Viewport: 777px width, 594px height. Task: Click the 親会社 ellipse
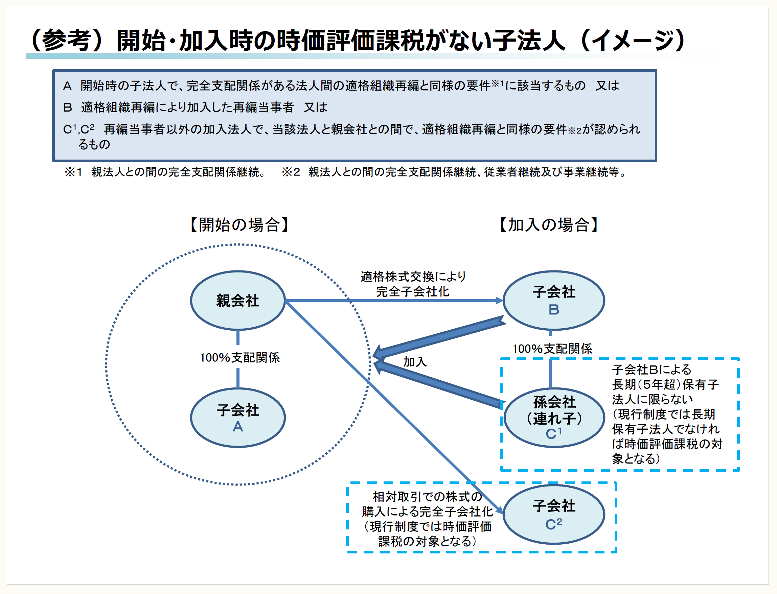(238, 301)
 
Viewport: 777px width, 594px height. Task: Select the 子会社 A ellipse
(238, 418)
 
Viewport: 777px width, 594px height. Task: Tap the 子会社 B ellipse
(554, 301)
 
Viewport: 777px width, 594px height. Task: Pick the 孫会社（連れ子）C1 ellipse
(554, 418)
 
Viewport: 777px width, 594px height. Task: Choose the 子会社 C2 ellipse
(554, 514)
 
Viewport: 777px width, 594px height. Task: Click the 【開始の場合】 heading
(239, 225)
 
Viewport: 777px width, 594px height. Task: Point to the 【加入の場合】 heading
(549, 225)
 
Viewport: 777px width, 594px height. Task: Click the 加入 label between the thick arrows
(415, 362)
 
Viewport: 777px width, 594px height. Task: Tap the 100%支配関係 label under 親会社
(239, 357)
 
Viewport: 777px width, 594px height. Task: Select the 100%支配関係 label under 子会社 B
(552, 349)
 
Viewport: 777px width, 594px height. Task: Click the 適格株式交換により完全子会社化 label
(413, 284)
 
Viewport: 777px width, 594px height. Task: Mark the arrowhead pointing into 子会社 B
(499, 301)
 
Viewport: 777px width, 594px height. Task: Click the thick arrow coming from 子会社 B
(439, 338)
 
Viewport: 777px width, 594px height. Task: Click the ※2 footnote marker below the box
(291, 172)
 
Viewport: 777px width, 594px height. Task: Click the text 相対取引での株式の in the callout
(427, 497)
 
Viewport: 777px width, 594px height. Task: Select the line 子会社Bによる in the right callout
(652, 370)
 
